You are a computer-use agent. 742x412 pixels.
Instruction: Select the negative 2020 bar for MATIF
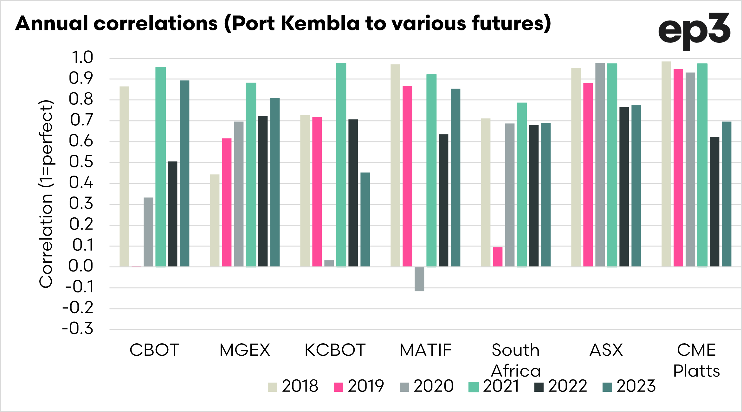[x=419, y=279]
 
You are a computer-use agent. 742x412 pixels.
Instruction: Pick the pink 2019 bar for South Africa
[x=498, y=257]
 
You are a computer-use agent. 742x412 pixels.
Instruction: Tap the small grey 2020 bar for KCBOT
[x=329, y=263]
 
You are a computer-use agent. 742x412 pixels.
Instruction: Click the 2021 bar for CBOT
[x=161, y=166]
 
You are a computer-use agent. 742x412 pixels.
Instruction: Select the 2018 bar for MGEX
[x=215, y=220]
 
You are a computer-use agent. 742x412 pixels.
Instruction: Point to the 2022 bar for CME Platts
[x=714, y=202]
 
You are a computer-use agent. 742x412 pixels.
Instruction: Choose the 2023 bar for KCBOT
[x=365, y=219]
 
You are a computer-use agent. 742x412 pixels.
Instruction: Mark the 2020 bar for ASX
[x=600, y=165]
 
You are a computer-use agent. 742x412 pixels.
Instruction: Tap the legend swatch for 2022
[x=539, y=387]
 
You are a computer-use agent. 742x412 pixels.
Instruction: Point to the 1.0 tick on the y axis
[x=82, y=58]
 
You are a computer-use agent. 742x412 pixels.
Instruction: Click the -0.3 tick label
[x=78, y=329]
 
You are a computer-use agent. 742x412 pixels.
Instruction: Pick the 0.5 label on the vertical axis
[x=81, y=162]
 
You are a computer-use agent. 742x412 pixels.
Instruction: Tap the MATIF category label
[x=426, y=350]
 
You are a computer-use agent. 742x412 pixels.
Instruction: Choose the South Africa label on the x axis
[x=516, y=360]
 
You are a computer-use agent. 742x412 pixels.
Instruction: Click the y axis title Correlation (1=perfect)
[x=46, y=194]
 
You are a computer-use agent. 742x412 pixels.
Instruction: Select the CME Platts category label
[x=696, y=360]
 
